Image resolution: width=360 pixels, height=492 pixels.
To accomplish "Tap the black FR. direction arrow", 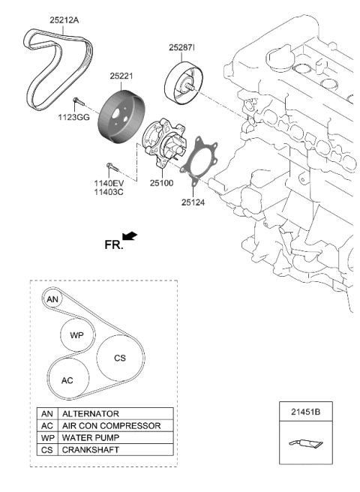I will point(130,237).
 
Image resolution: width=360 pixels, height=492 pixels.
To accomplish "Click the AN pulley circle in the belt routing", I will point(52,298).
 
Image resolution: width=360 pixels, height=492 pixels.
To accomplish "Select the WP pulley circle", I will point(77,335).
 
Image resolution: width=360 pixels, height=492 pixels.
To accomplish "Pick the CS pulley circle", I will point(119,358).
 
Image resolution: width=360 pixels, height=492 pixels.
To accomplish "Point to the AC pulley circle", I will point(67,380).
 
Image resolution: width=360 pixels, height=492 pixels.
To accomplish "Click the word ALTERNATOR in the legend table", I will point(91,413).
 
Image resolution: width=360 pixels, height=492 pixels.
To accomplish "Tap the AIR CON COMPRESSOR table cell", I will point(111,425).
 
